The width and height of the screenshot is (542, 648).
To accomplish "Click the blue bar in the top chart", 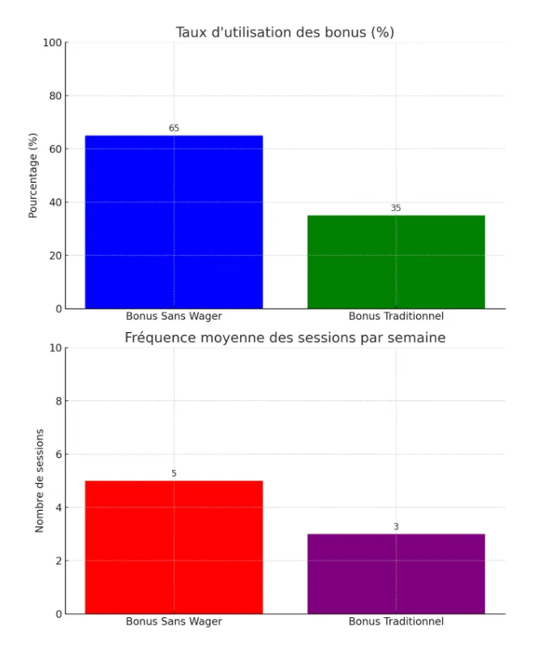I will point(174,222).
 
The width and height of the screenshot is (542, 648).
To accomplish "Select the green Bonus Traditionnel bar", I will point(396,261).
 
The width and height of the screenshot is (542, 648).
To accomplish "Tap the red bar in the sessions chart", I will point(174,546).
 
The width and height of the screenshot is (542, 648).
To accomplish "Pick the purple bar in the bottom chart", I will point(396,573).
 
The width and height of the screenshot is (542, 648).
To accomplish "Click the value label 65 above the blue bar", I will point(174,128).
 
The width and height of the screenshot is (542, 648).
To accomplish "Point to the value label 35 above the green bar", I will point(396,208).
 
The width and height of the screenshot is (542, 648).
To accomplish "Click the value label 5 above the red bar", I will point(174,473).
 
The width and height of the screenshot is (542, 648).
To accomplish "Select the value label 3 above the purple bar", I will point(396,527).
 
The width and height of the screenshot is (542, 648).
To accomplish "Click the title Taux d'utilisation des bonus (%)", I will point(285,32).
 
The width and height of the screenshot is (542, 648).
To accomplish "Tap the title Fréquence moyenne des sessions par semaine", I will point(285,338).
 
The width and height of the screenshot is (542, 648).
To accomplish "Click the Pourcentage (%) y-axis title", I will point(33,175).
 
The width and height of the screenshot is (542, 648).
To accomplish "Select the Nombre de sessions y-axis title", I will point(39,481).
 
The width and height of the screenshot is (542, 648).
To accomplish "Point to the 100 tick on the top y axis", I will point(52,42).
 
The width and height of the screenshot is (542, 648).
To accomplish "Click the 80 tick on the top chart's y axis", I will point(54,96).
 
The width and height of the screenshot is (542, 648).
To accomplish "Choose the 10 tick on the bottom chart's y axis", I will point(55,348).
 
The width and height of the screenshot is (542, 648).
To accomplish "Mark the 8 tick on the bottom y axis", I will point(58,401).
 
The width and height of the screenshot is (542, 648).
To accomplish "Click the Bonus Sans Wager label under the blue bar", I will point(174,317).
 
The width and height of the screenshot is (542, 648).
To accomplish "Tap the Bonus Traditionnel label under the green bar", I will point(396,317).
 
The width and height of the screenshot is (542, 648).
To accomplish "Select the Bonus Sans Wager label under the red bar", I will point(174,621).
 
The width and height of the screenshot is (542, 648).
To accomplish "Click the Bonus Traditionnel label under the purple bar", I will point(396,621).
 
